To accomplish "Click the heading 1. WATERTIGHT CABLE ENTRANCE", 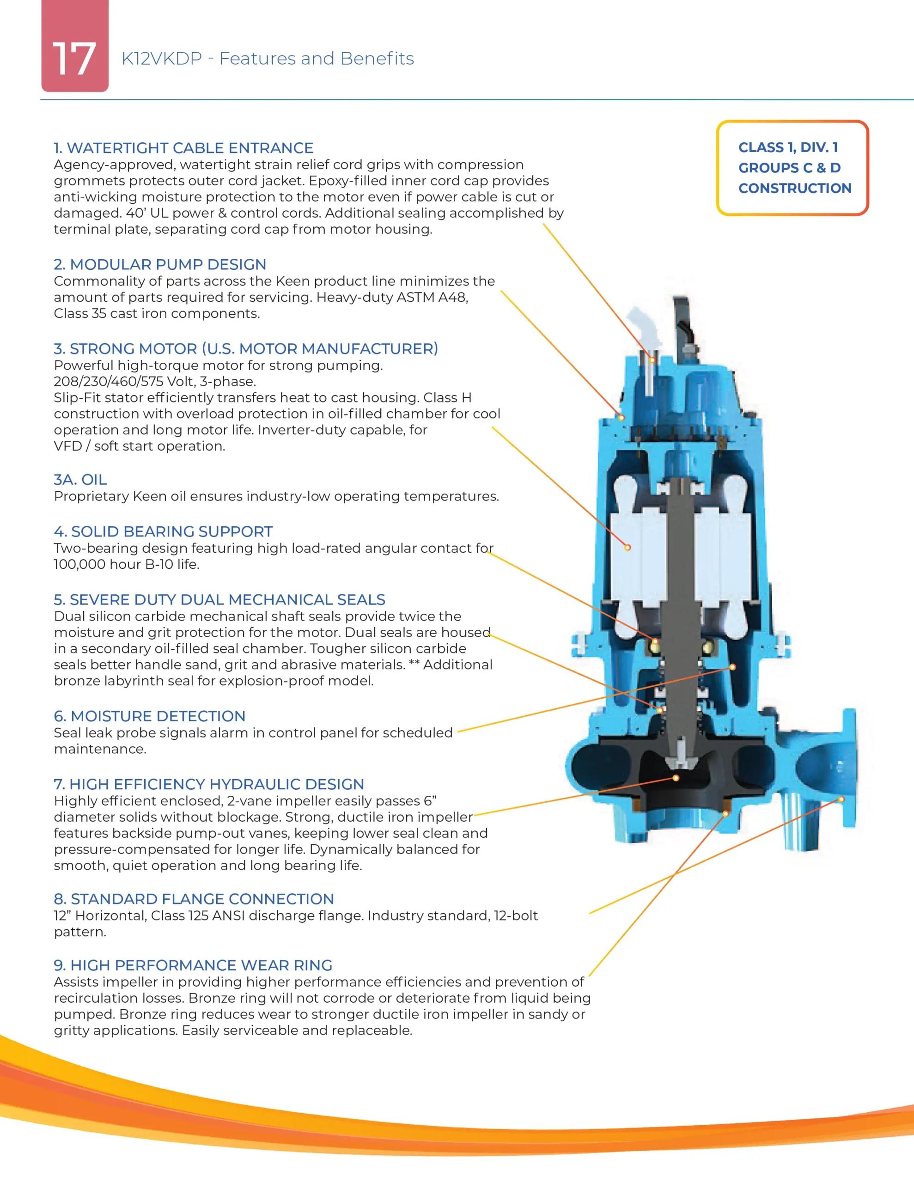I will tap(183, 148).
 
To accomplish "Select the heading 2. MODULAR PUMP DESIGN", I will tap(160, 264).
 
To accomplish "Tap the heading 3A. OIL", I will tap(80, 479).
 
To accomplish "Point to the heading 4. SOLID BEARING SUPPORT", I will tap(163, 531).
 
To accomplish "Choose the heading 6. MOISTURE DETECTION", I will tap(150, 716).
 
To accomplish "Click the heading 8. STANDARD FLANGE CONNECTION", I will tap(194, 899).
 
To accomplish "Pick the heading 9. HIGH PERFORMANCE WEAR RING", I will tap(193, 965).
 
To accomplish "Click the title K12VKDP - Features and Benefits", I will tap(268, 59).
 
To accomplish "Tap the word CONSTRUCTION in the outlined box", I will tap(795, 188).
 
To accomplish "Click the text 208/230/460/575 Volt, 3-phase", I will tap(155, 381).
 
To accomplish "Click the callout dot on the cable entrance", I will tap(652, 360).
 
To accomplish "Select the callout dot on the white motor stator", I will tap(628, 548).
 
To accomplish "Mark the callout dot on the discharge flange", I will tap(841, 799).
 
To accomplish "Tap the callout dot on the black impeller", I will tap(676, 778).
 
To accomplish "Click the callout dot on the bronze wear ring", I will tap(726, 814).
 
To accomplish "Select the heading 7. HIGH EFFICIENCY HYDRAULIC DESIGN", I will tap(208, 784).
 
